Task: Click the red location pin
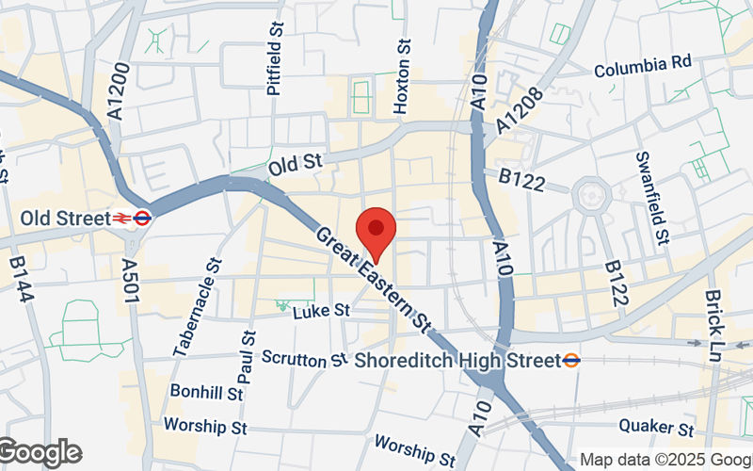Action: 376,233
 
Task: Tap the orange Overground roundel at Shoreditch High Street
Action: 571,360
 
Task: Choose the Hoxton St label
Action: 403,77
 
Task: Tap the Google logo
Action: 40,453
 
